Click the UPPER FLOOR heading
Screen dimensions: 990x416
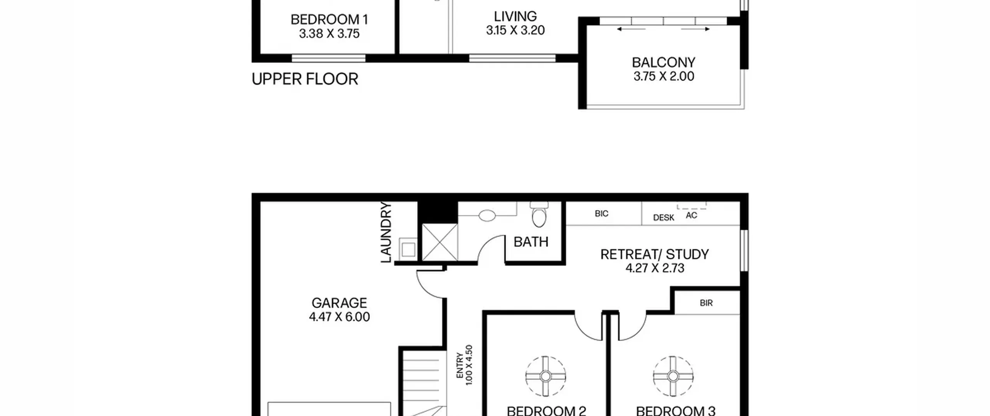(305, 79)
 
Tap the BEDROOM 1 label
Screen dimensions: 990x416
(329, 19)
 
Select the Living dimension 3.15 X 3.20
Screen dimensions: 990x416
(515, 30)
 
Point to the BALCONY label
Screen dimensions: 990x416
(664, 62)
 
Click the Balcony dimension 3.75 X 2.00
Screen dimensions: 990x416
(664, 76)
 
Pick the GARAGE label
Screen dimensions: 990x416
(339, 303)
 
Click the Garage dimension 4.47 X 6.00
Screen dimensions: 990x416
(339, 317)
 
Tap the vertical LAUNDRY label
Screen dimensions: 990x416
(386, 232)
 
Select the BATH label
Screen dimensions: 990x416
(531, 242)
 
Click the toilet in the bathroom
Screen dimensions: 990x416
(539, 214)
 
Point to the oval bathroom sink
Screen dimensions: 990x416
(487, 216)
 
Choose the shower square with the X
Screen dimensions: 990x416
(440, 242)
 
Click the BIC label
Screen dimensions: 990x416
(601, 214)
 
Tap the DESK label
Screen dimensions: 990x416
(664, 217)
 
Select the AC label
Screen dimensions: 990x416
(691, 215)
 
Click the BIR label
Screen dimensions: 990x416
(706, 303)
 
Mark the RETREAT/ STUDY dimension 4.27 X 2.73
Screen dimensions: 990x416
(655, 268)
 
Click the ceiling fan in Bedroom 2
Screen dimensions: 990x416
(545, 376)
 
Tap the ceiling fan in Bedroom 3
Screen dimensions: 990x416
(673, 376)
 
